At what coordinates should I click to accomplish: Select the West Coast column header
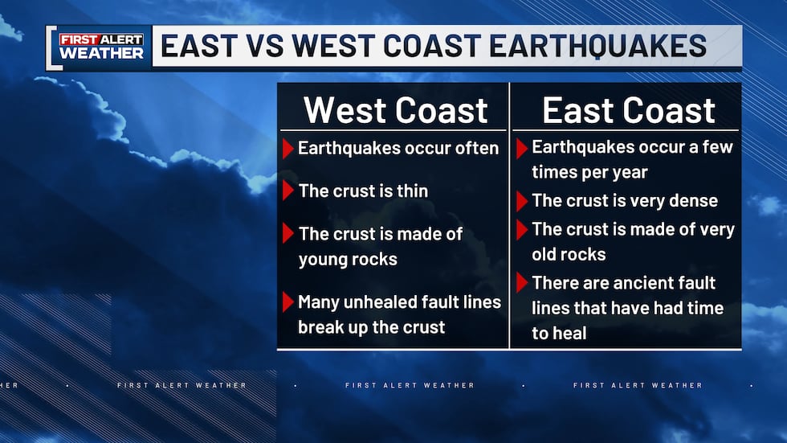[x=395, y=110]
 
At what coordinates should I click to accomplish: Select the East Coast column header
[x=628, y=110]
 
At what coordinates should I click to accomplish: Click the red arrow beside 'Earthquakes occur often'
[x=288, y=149]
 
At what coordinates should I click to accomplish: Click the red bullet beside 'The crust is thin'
[x=288, y=191]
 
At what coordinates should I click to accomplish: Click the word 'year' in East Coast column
[x=628, y=172]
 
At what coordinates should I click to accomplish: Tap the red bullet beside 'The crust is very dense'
[x=522, y=202]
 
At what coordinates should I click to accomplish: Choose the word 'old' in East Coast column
[x=546, y=254]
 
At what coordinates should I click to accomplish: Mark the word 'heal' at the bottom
[x=570, y=333]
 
